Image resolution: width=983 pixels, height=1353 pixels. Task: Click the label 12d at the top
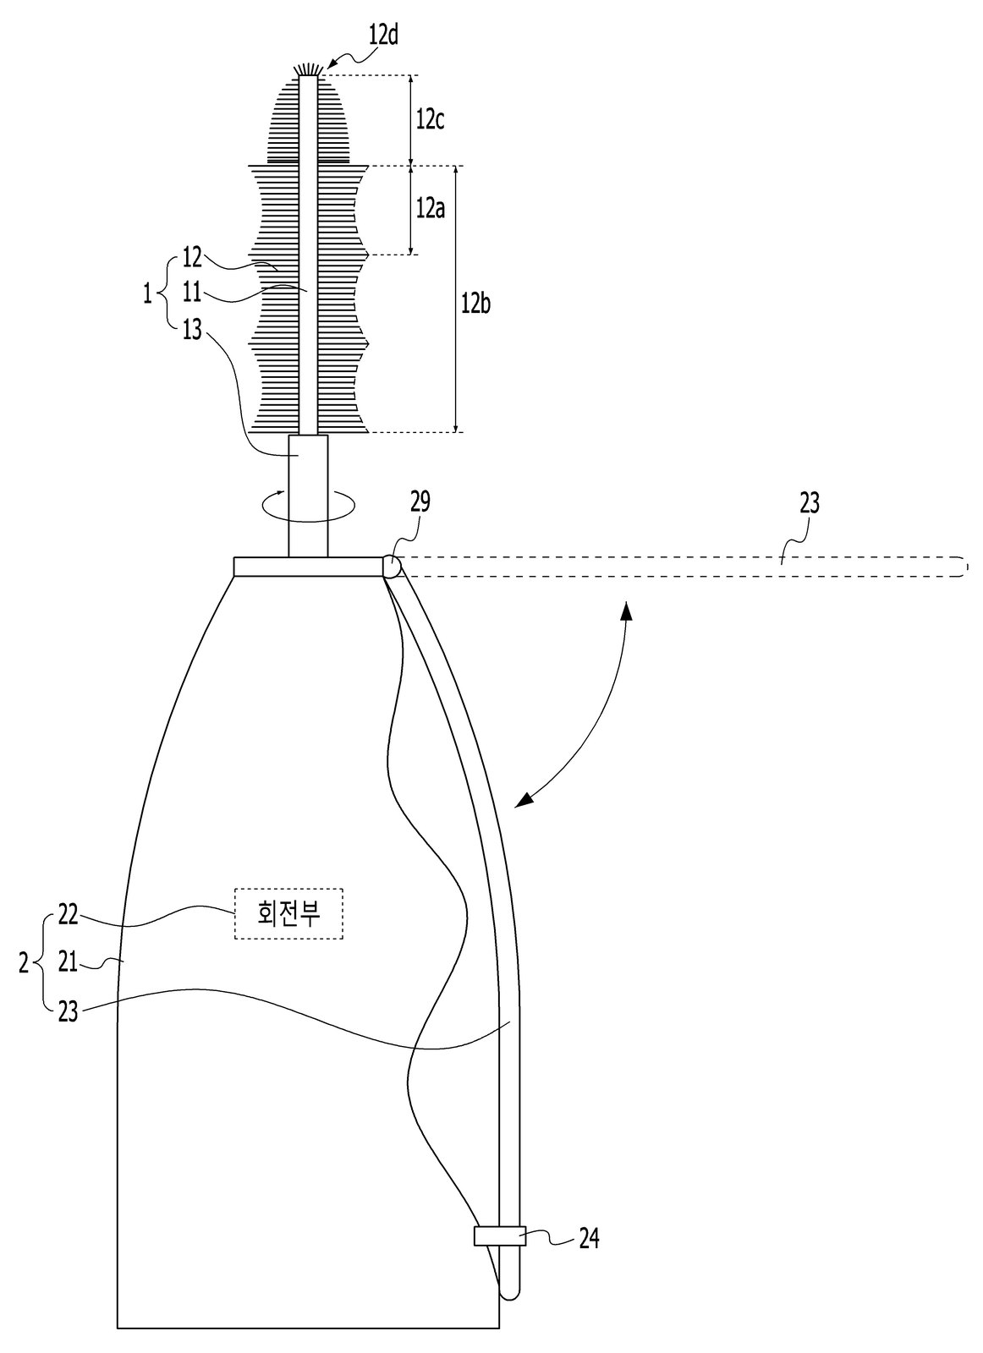pos(384,37)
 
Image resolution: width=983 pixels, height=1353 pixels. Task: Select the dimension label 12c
pos(430,120)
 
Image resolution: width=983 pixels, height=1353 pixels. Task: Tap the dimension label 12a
pos(431,209)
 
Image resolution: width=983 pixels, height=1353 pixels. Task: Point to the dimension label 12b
pos(475,304)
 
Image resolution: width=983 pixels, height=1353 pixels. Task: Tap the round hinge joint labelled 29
pos(392,567)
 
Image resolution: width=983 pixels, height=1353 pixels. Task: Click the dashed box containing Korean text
pos(288,913)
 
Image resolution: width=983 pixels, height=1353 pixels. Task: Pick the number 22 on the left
pos(69,915)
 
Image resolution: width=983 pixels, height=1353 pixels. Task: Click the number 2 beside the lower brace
pos(24,963)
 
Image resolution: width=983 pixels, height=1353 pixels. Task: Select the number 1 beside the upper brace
pos(147,295)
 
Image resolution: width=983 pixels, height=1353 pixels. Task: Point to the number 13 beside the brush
pos(191,331)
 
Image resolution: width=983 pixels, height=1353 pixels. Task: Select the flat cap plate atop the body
pos(309,567)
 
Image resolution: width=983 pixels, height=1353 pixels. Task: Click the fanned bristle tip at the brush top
pos(308,70)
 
